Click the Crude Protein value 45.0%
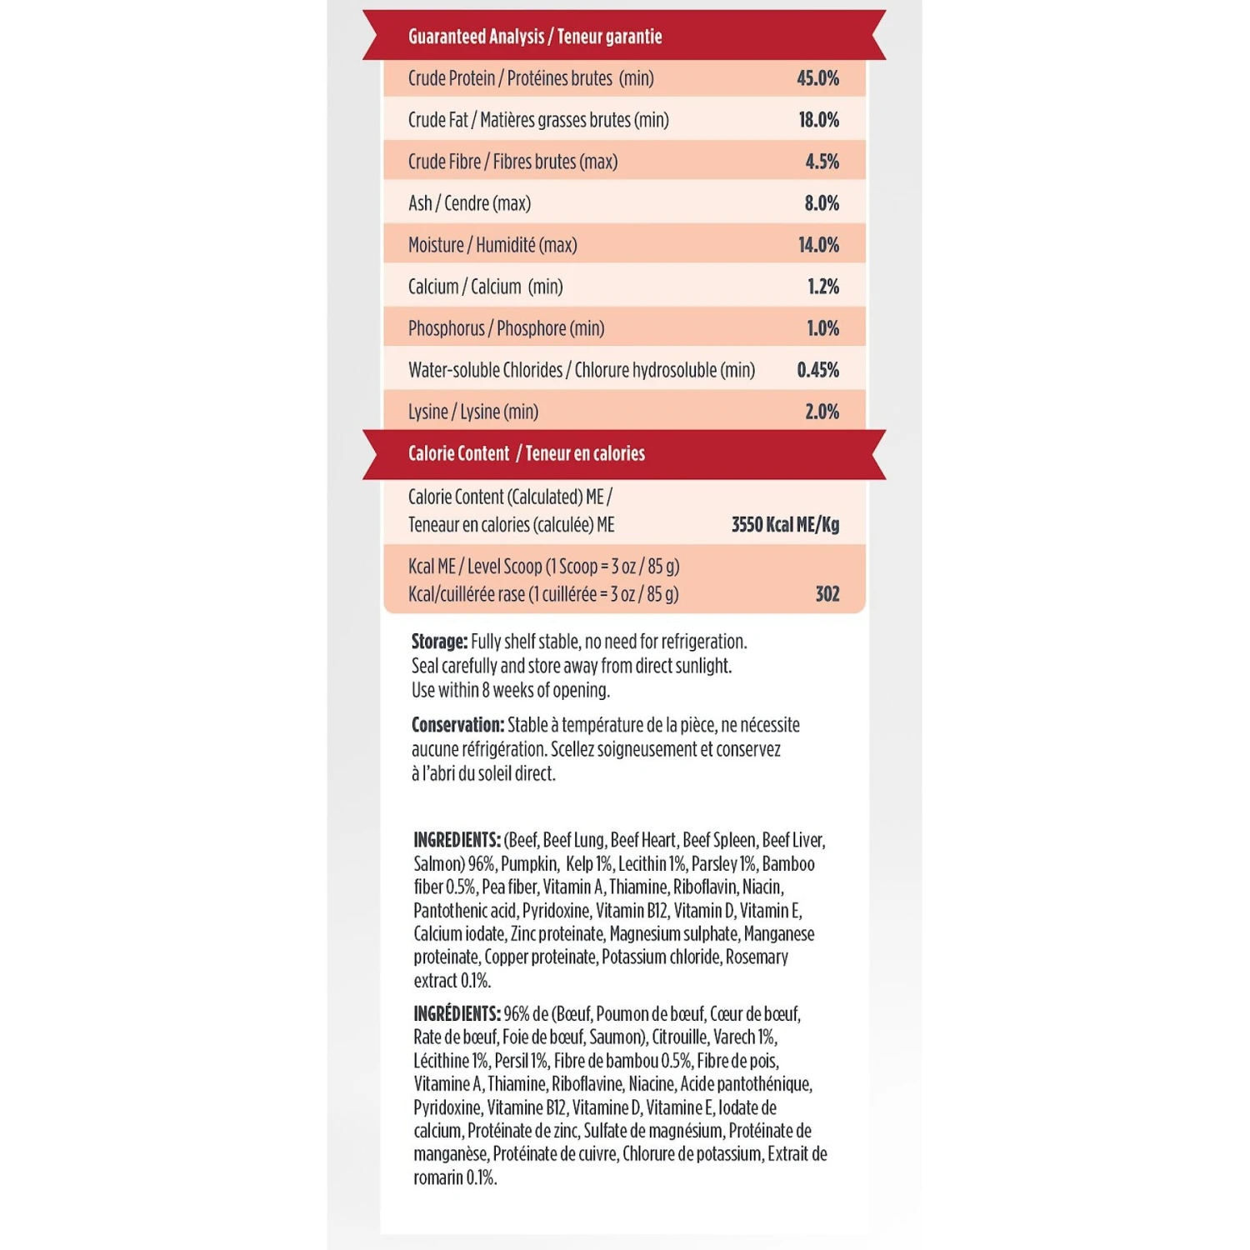pos(817,78)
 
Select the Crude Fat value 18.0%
pos(818,120)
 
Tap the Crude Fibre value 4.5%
pos(822,162)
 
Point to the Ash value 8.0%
pos(822,203)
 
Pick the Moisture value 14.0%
pos(818,245)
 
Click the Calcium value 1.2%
pos(822,287)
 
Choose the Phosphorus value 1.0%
pos(822,328)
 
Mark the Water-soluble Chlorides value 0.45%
pos(817,370)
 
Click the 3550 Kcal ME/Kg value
pos(785,525)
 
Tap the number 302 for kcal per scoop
pos(827,594)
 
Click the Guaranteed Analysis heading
pos(535,37)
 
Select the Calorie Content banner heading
pos(526,453)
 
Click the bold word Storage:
pos(439,642)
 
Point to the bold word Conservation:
pos(457,725)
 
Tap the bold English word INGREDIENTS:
pos(457,840)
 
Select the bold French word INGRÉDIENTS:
pos(457,1014)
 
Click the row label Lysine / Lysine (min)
pos(473,412)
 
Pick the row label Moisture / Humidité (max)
pos(492,245)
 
